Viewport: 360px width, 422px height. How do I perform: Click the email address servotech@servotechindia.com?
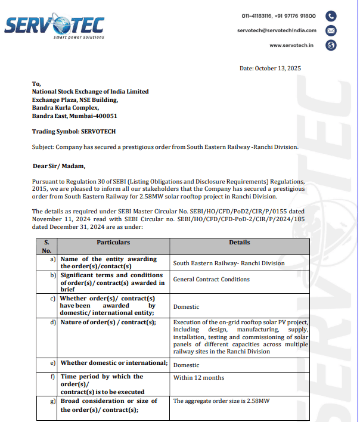pyautogui.click(x=276, y=30)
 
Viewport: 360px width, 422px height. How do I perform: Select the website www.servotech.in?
pyautogui.click(x=292, y=45)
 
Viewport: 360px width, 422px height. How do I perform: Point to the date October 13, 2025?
pyautogui.click(x=270, y=69)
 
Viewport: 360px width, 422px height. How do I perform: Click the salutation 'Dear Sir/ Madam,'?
pyautogui.click(x=59, y=166)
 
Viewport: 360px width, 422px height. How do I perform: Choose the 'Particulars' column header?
pyautogui.click(x=113, y=243)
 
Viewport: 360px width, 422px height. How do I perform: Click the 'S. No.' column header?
pyautogui.click(x=46, y=247)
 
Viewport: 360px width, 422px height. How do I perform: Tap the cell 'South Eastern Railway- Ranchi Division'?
pyautogui.click(x=229, y=263)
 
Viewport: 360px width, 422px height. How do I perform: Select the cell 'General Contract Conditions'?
pyautogui.click(x=211, y=279)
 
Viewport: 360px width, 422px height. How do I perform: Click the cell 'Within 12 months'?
pyautogui.click(x=198, y=377)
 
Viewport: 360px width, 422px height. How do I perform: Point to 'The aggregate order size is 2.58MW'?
pyautogui.click(x=221, y=401)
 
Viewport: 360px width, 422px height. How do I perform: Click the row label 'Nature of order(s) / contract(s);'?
pyautogui.click(x=108, y=322)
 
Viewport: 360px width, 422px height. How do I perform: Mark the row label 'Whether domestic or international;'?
pyautogui.click(x=114, y=363)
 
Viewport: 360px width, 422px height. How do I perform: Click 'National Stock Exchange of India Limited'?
pyautogui.click(x=90, y=92)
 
